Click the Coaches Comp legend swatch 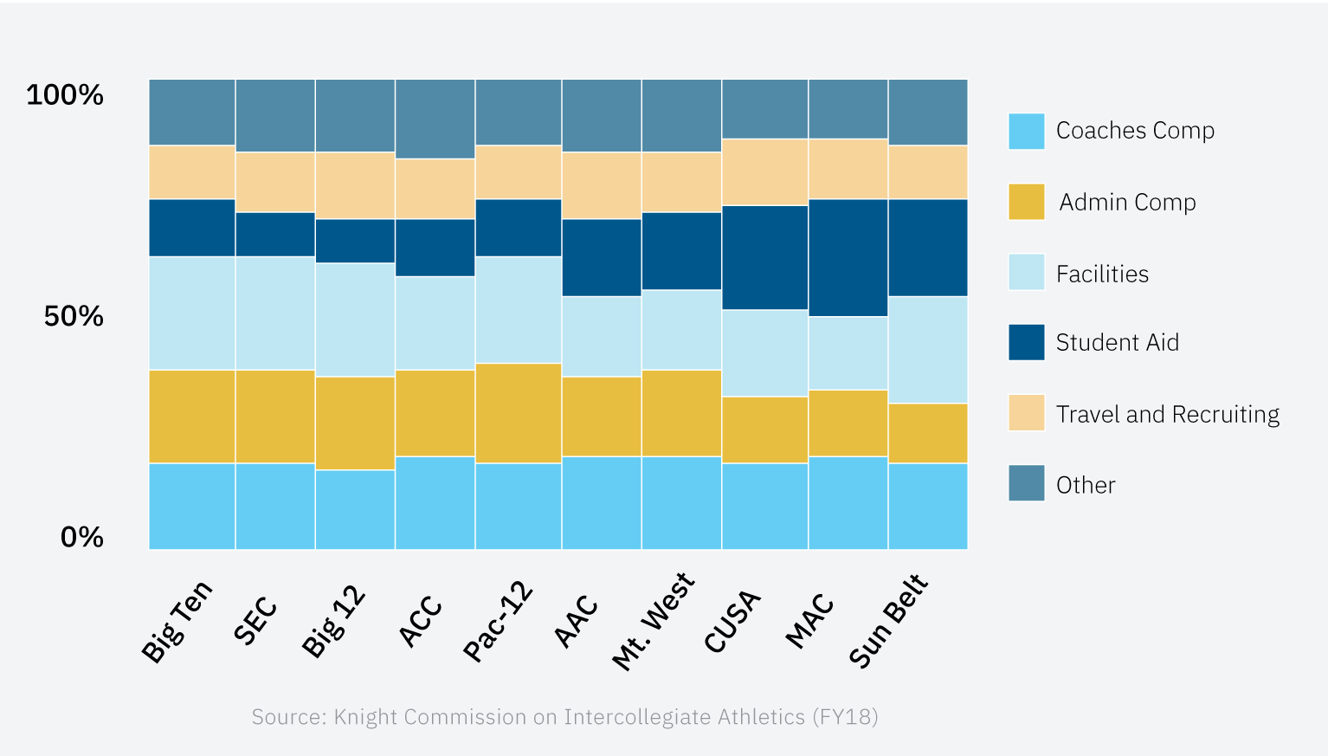[1026, 132]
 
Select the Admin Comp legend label [1127, 203]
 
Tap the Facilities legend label [1102, 275]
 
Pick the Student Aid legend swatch [1026, 342]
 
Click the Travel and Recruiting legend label [1167, 415]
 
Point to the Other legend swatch [1026, 483]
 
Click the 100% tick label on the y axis [65, 94]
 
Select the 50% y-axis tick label [74, 316]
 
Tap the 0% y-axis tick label [82, 538]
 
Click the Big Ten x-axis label [177, 622]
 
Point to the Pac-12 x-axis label [499, 622]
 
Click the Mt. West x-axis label [654, 621]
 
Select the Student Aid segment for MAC [848, 258]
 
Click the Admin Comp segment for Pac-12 [518, 413]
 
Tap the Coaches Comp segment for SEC [274, 507]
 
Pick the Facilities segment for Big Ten [192, 313]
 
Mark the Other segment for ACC [435, 120]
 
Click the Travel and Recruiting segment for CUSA [764, 172]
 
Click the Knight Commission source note [564, 717]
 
